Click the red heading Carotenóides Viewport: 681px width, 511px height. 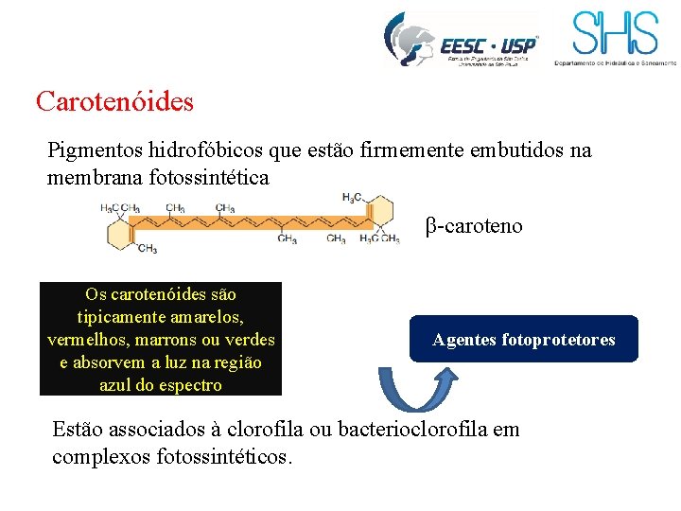pyautogui.click(x=114, y=100)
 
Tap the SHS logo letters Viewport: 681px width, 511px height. pyautogui.click(x=614, y=33)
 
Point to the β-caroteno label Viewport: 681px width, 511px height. pyautogui.click(x=474, y=226)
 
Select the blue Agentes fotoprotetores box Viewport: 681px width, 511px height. pyautogui.click(x=523, y=339)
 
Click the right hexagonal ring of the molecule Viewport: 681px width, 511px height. pyautogui.click(x=378, y=213)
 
